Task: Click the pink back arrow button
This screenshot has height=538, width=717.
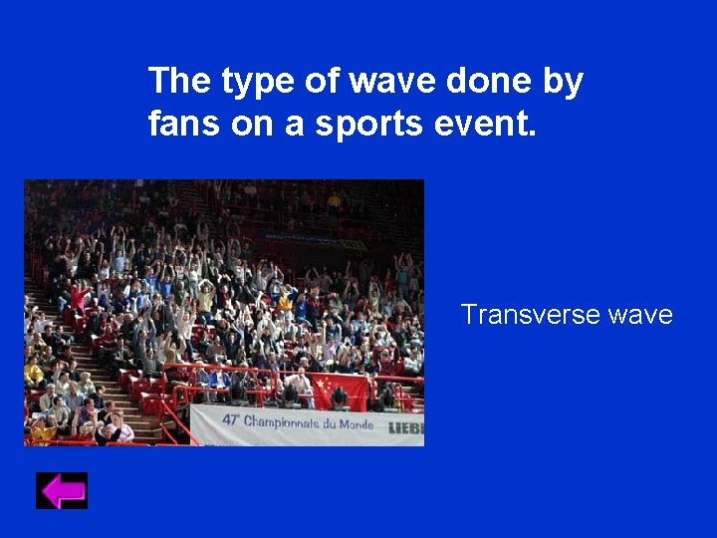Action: point(62,491)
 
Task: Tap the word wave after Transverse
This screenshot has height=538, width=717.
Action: point(640,316)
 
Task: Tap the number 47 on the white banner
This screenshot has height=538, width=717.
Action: point(231,420)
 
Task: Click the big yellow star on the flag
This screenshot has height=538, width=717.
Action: point(321,385)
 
